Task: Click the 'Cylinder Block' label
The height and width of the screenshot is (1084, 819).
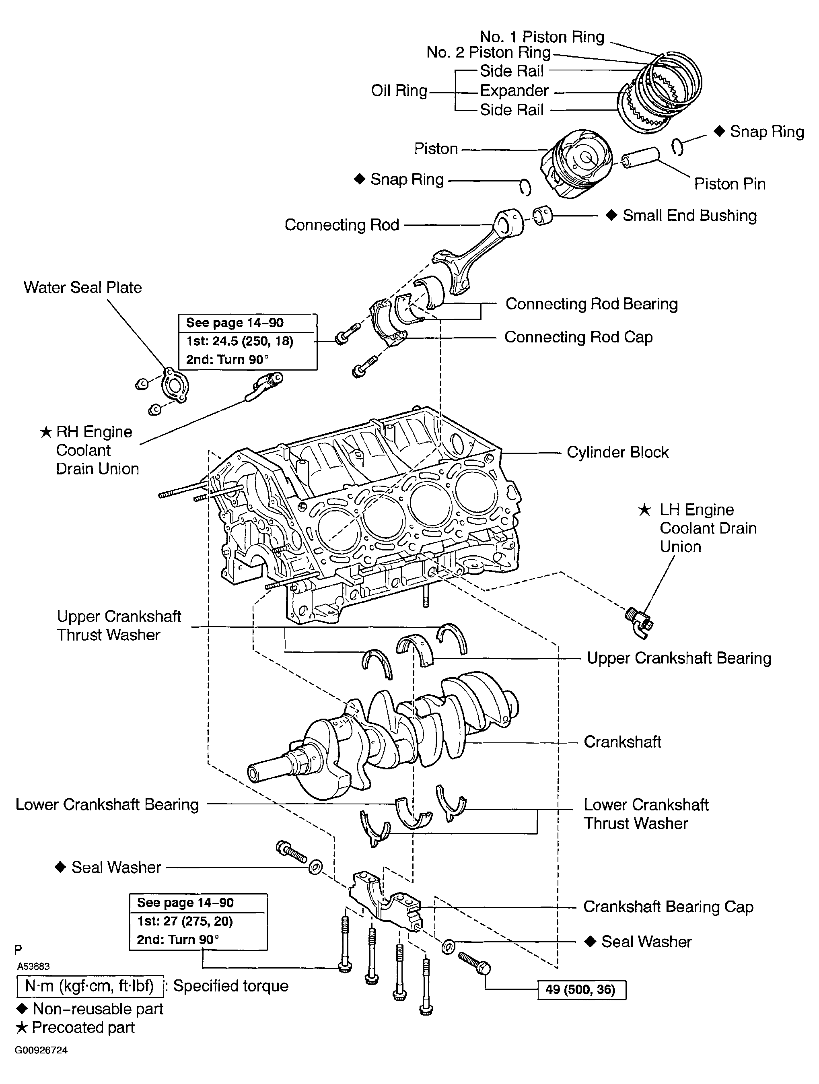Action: pos(617,452)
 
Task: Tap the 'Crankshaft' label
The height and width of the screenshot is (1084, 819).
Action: pos(622,742)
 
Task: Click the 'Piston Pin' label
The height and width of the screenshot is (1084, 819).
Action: pos(729,184)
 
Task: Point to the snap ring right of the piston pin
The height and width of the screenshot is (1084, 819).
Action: pos(677,146)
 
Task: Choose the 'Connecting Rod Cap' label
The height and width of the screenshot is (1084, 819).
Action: pos(578,337)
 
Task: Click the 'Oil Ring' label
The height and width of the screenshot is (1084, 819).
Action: pos(399,91)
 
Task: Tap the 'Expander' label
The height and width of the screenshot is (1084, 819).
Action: pos(514,91)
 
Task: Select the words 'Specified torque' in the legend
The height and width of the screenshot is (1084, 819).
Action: pos(231,986)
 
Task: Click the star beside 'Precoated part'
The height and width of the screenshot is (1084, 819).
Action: pos(22,1028)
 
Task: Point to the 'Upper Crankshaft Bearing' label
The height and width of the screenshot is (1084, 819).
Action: pos(679,658)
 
